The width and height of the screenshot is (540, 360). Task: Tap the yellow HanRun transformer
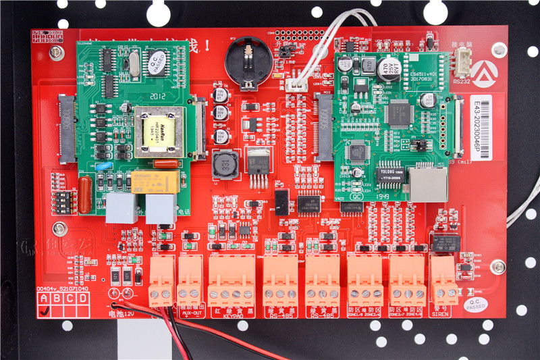tap(159, 132)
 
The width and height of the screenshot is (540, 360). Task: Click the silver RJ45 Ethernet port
tap(428, 183)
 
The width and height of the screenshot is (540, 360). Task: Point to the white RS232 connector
tap(462, 66)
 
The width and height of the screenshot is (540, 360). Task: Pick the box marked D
tap(82, 298)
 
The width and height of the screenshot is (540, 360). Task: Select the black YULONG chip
tap(389, 174)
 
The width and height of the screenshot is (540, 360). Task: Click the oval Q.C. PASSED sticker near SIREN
tap(475, 306)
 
